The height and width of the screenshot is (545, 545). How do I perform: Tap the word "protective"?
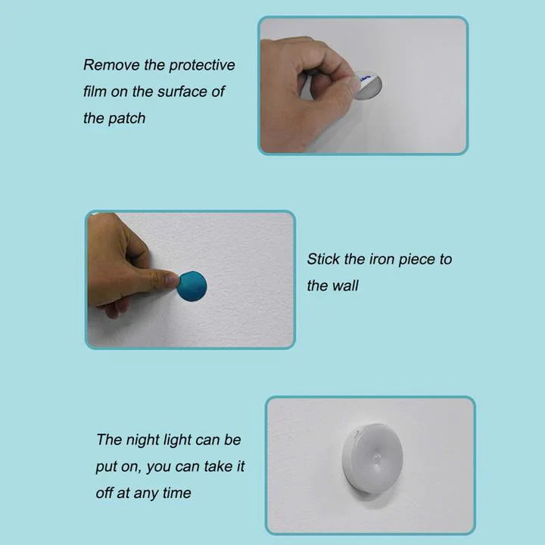point(202,66)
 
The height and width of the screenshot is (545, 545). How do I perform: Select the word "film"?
point(95,92)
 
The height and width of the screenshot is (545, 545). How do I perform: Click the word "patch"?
point(126,119)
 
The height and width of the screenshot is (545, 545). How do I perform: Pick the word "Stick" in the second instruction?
point(323,259)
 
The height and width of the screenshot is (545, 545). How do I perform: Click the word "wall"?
point(346,285)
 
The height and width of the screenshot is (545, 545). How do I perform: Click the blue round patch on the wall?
point(192,286)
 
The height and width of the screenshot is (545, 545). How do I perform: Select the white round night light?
point(372,458)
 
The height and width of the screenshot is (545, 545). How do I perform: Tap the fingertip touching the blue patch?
point(172,279)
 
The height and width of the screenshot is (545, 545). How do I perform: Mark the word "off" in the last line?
point(104,493)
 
